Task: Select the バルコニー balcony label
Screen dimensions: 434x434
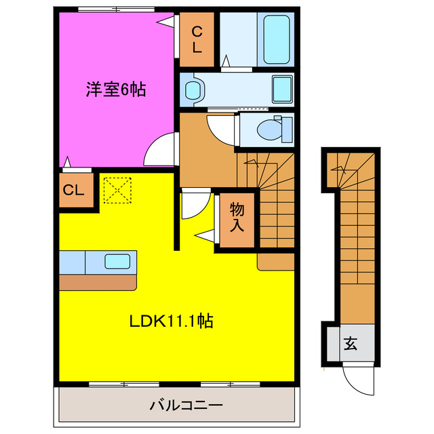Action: [177, 407]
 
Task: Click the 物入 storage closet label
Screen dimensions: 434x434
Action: [236, 217]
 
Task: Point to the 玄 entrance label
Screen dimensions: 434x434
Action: [350, 344]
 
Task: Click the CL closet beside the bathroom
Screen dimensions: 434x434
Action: [196, 39]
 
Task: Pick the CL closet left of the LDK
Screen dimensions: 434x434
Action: [75, 191]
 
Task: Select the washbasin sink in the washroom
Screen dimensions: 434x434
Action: [195, 90]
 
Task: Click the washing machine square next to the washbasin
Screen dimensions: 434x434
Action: [283, 89]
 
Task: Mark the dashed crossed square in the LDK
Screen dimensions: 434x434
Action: [116, 189]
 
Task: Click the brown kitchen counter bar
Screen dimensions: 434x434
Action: [98, 281]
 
